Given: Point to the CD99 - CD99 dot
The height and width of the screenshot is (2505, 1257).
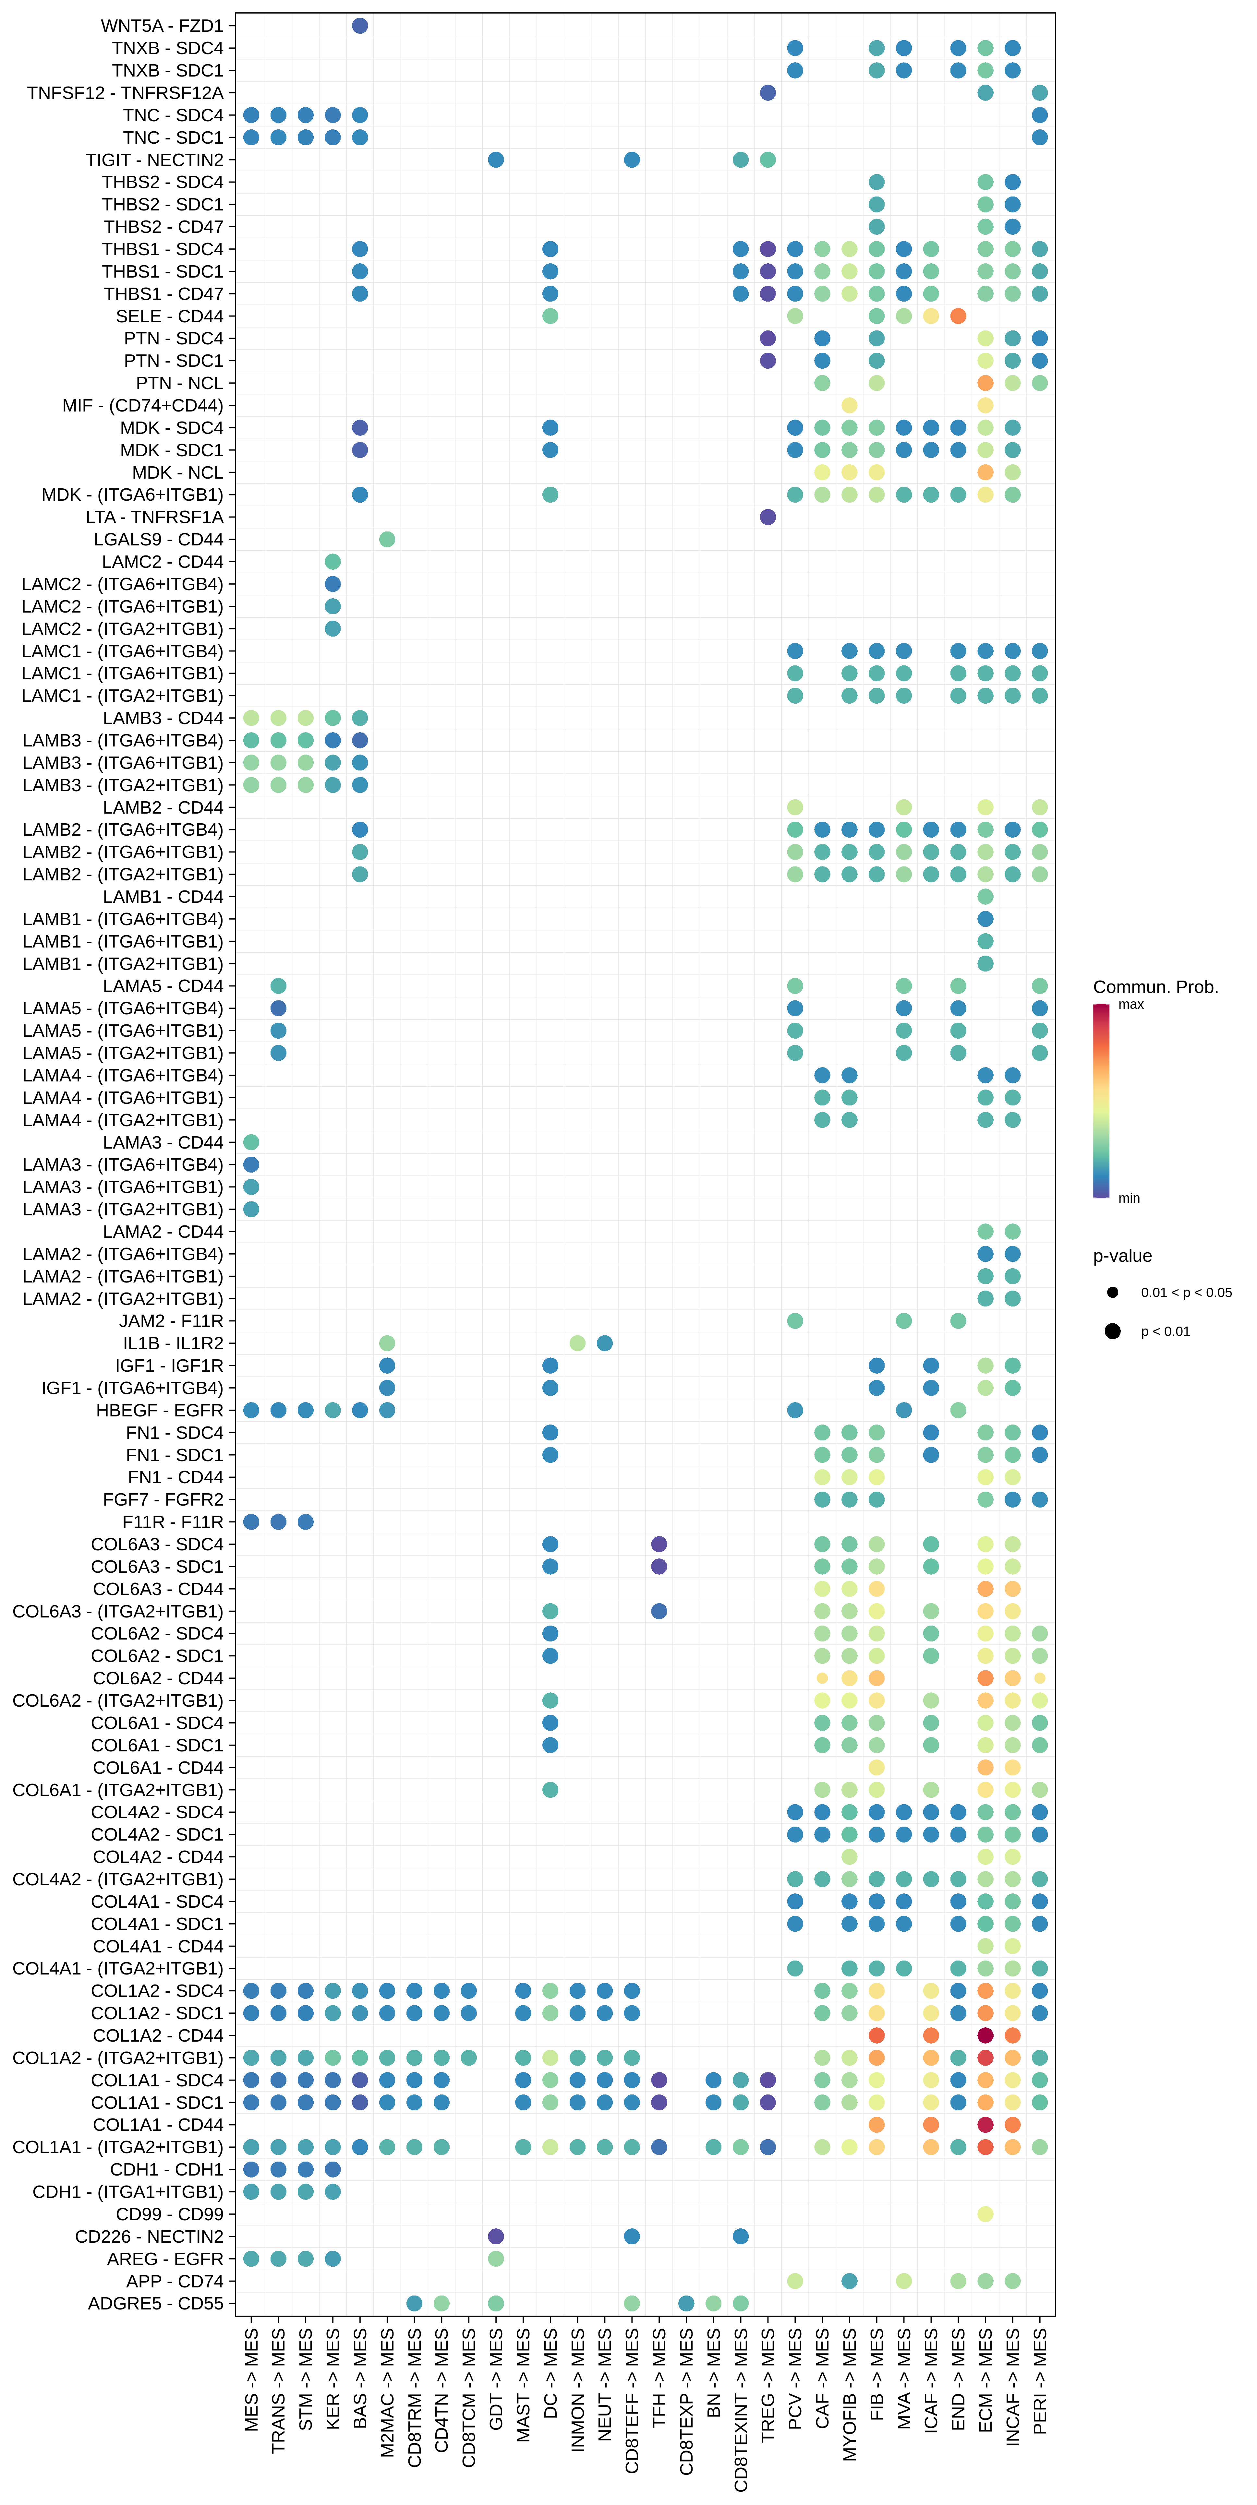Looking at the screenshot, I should [985, 2214].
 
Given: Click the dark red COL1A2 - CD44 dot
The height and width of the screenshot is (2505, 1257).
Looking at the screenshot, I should [985, 2035].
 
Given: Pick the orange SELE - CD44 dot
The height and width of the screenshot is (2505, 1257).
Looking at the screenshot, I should [958, 316].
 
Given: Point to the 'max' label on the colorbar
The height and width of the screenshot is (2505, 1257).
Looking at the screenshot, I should [1130, 1005].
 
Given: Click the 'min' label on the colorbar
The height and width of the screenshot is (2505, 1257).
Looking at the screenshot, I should [1129, 1198].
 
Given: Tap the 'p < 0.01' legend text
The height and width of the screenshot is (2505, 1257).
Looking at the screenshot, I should [1165, 1331].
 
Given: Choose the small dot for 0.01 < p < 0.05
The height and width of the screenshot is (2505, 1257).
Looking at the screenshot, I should [1112, 1292].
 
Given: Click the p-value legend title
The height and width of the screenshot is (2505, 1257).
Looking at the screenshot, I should [1122, 1255].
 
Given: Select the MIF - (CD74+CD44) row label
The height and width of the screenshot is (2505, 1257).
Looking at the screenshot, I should [142, 406].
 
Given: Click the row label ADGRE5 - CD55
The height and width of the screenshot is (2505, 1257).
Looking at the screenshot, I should [156, 2304].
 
